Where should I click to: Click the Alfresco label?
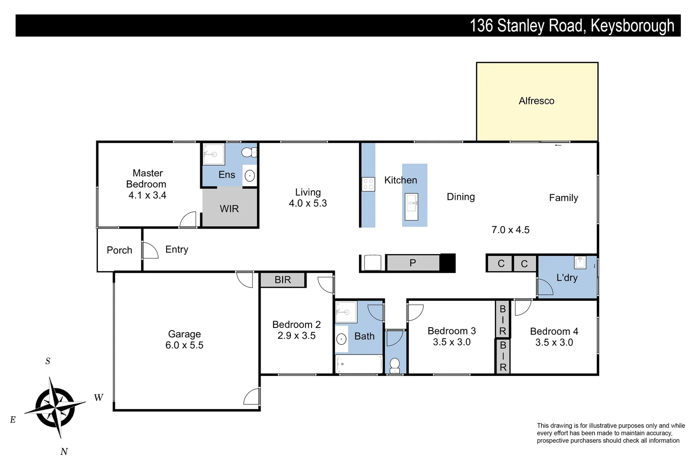point(536,101)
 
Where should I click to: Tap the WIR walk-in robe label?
point(229,209)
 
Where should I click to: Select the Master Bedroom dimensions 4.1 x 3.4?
point(147,195)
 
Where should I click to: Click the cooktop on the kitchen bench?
point(368,184)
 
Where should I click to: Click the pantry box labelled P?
point(413,263)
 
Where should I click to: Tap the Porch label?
point(120,250)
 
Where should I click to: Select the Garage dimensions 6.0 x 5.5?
point(184,345)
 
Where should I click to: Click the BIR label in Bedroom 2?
point(283,280)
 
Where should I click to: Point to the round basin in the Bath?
point(342,339)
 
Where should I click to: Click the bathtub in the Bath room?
point(359,364)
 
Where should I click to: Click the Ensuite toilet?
point(248,152)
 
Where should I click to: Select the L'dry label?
point(567,278)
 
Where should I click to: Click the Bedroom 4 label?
point(554,331)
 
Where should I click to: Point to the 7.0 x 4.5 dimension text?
point(510,230)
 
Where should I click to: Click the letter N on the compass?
point(64,452)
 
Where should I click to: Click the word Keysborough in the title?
point(632,26)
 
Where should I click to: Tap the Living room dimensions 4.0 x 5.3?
point(308,203)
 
